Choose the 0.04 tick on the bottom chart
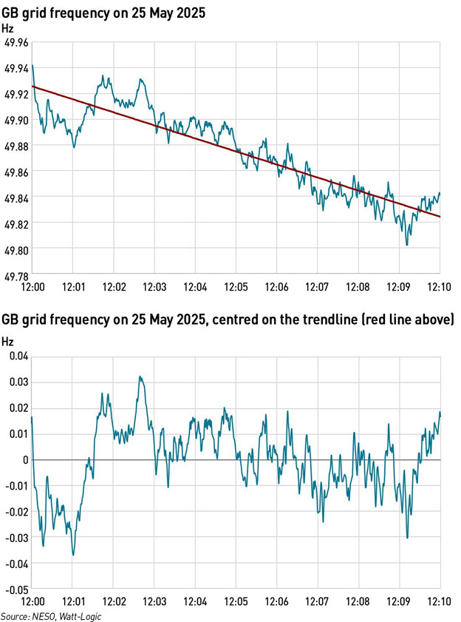(x=18, y=356)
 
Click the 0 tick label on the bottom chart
(x=26, y=460)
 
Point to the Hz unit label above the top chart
(x=7, y=28)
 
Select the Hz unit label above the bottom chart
(x=7, y=342)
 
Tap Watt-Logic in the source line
(x=83, y=616)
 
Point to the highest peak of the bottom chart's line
(x=140, y=376)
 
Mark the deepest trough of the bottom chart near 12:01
(x=73, y=555)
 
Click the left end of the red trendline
(x=33, y=87)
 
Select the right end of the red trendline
(x=440, y=217)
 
